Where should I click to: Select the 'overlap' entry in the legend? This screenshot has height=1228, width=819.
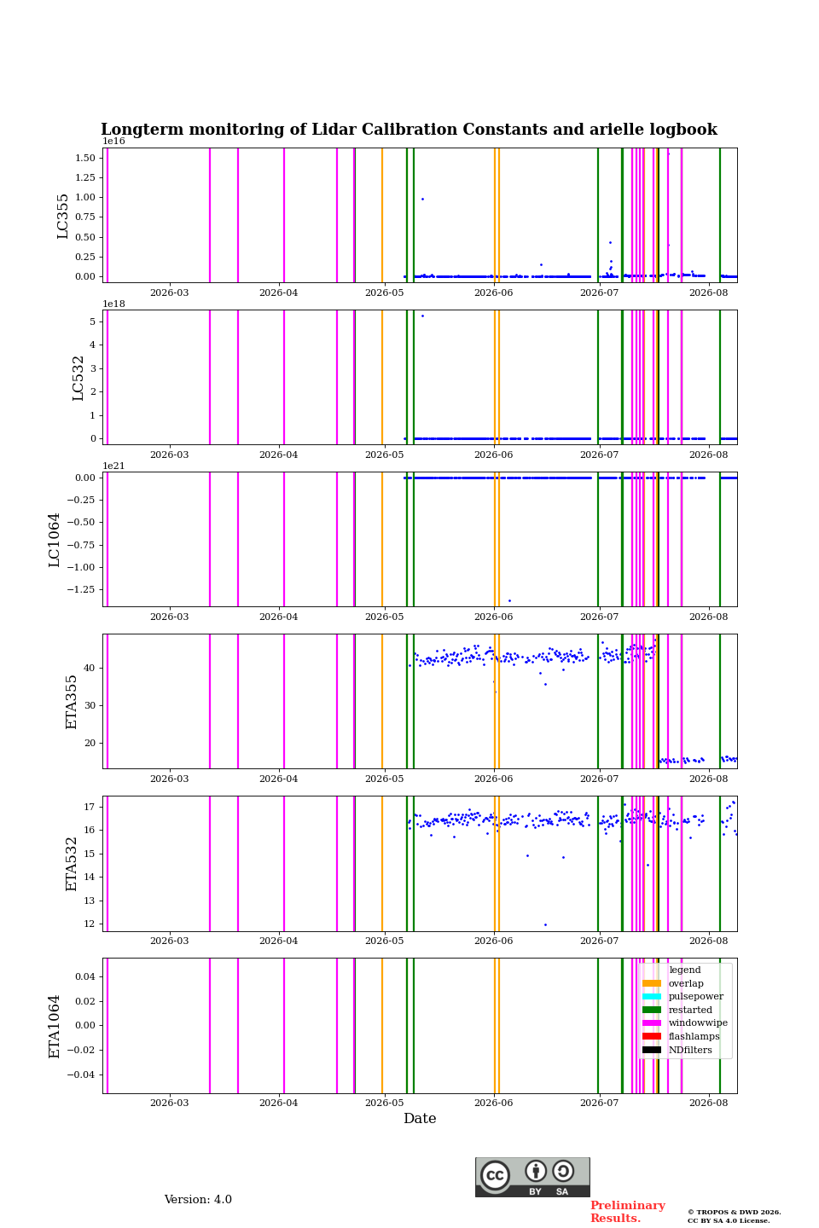point(686,983)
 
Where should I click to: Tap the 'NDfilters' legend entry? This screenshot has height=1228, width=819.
point(690,1049)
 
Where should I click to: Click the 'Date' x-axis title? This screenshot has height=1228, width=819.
point(420,1118)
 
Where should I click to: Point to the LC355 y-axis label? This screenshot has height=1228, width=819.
point(62,216)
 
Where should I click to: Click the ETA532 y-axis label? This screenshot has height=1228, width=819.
point(72,864)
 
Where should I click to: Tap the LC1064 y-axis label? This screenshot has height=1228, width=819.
point(54,540)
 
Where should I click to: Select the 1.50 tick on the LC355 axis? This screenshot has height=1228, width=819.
point(85,158)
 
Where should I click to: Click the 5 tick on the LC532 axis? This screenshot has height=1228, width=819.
point(93,321)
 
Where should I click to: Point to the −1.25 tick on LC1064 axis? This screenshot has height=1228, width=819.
point(81,589)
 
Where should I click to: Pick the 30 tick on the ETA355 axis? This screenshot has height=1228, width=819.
point(90,705)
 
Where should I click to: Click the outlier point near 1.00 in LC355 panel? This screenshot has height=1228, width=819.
point(422,199)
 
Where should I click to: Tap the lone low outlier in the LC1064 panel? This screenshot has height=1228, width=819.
point(509,601)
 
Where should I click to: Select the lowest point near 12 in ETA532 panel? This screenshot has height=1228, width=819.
point(545,924)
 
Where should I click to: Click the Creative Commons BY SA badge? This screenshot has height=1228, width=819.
point(532,1177)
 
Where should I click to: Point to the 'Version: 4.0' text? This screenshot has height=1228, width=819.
point(198,1200)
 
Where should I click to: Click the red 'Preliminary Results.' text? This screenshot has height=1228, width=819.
point(628,1212)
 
